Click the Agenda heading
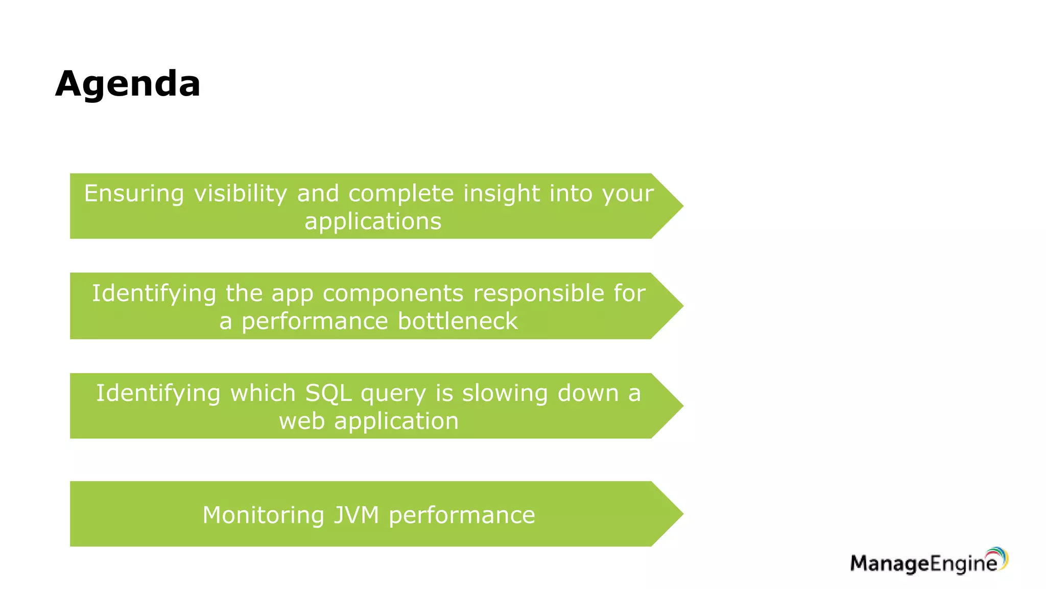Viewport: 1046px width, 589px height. (128, 83)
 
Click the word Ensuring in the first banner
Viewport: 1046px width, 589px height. (134, 194)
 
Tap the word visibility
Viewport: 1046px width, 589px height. (241, 194)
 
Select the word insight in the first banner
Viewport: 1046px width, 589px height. (501, 194)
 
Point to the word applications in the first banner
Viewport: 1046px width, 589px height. (373, 221)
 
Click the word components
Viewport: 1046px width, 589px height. (393, 293)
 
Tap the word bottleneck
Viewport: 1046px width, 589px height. (458, 321)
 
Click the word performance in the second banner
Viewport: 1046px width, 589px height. (315, 321)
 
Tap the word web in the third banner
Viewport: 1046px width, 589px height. (301, 421)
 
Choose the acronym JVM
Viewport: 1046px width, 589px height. (356, 515)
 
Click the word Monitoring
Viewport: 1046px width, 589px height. (263, 515)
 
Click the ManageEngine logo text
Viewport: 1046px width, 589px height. (923, 563)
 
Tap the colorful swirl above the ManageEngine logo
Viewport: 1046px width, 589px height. (999, 555)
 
